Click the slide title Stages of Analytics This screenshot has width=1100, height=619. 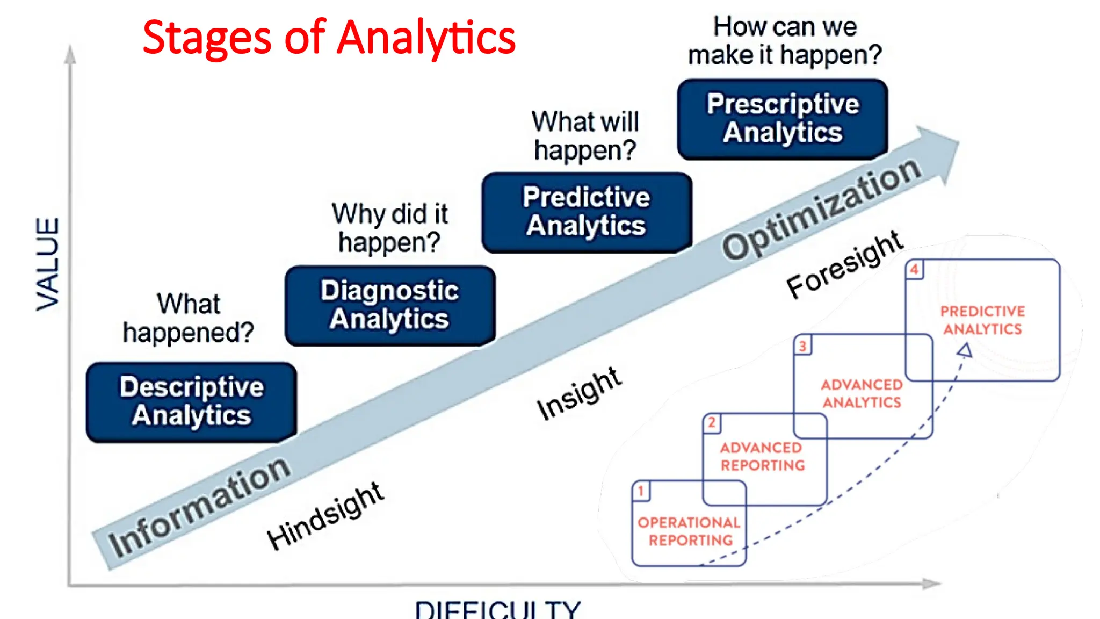(x=329, y=38)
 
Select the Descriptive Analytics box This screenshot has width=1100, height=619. (x=191, y=402)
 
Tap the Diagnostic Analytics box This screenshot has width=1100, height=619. (x=390, y=305)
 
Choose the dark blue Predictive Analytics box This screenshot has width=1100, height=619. (x=587, y=212)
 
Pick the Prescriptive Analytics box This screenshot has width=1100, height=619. (x=783, y=119)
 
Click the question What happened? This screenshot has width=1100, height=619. (x=189, y=318)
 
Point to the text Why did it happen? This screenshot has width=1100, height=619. (x=390, y=228)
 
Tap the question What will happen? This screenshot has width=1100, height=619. (x=585, y=136)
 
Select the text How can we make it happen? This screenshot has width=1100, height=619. (x=785, y=41)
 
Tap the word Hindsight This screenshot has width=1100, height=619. (x=325, y=516)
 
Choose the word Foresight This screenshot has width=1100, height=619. (x=845, y=264)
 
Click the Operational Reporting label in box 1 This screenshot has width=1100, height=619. (x=690, y=531)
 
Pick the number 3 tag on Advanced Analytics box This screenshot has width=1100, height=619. (x=802, y=346)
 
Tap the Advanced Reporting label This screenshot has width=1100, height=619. (x=763, y=456)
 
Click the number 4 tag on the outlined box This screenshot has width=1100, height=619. (x=914, y=269)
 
